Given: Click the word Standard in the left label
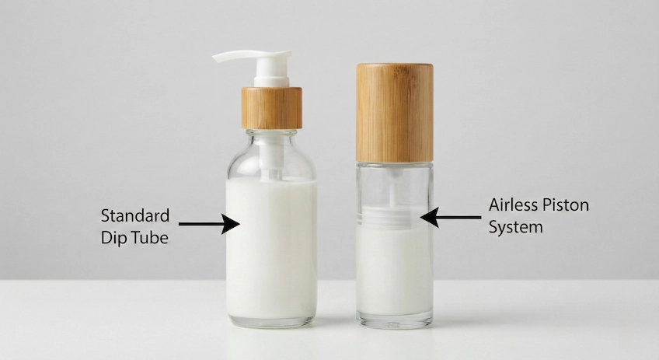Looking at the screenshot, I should coord(134,215).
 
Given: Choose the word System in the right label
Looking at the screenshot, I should coord(516,229).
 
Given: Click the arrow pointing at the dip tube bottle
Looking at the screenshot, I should coord(208,224).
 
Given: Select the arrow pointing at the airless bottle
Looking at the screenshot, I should coord(451,218).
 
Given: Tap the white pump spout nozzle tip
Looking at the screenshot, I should coord(219,57).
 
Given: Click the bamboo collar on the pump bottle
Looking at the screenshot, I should coord(271,107).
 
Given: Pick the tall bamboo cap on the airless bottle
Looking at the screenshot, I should coord(395,113).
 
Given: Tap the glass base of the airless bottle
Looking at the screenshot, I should coord(394,320).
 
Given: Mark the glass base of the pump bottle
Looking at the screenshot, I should coord(271,320).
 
